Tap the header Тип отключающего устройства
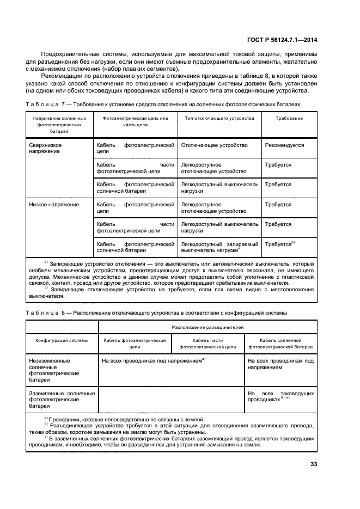(219, 118)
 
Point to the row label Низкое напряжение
(53, 205)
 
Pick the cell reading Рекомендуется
(284, 145)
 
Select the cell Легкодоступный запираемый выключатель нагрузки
(219, 247)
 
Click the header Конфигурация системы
(62, 340)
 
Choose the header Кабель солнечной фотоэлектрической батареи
(280, 343)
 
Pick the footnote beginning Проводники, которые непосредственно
(126, 419)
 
